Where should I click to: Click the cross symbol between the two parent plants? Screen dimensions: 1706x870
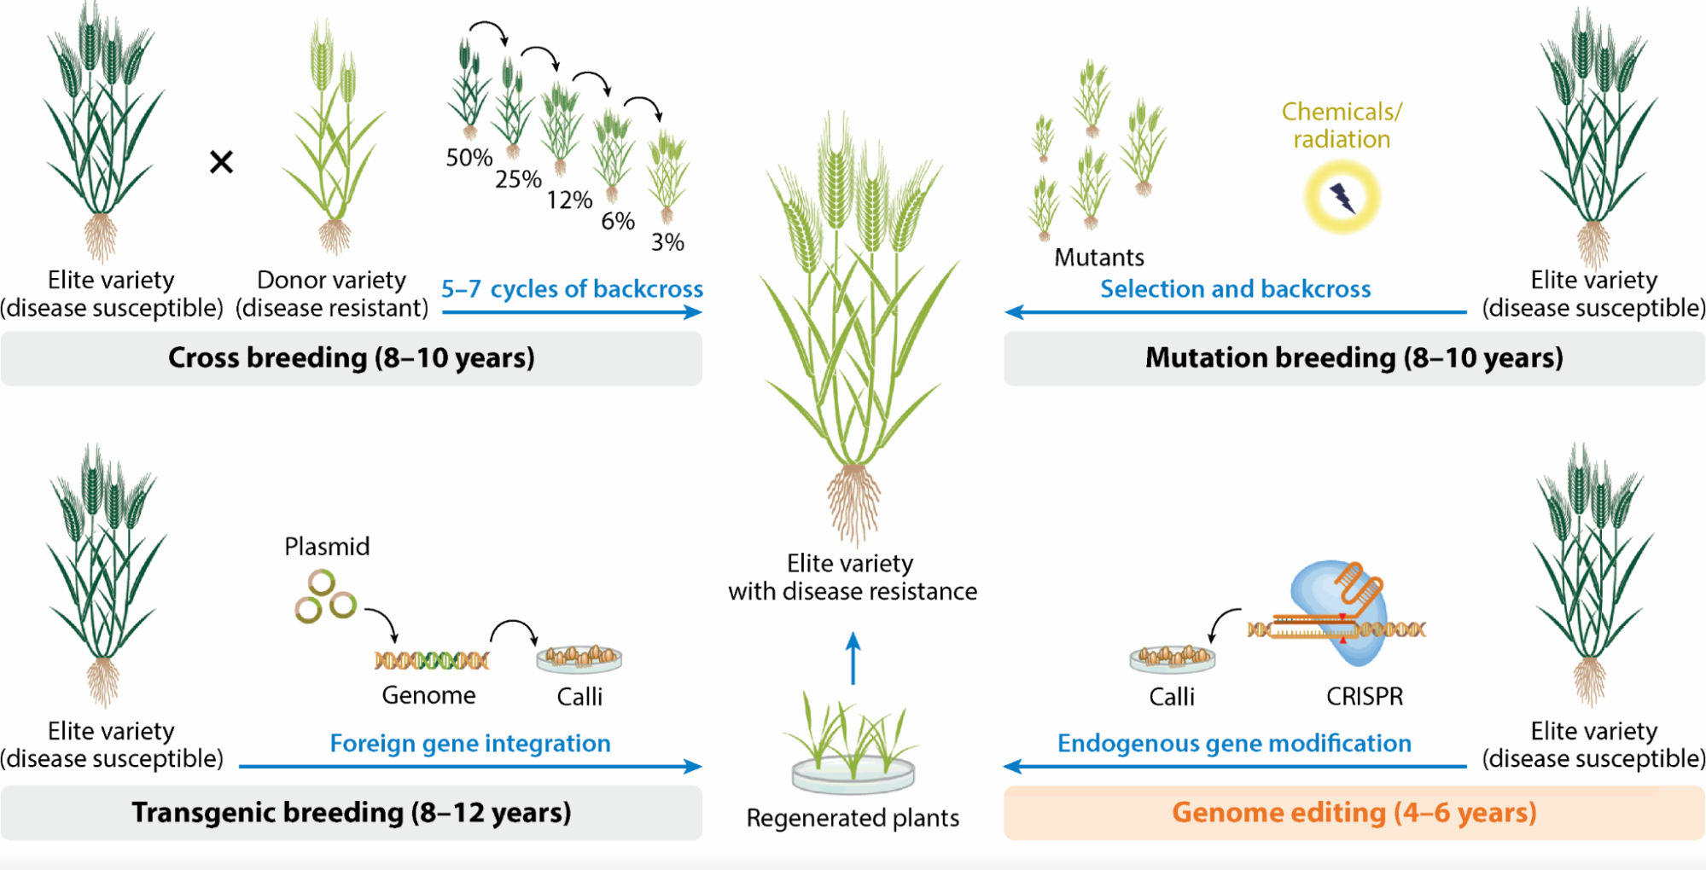pos(221,161)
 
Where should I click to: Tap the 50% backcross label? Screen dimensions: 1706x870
pos(469,158)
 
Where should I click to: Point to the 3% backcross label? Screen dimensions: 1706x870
pos(667,242)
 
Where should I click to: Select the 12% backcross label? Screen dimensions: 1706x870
pos(569,200)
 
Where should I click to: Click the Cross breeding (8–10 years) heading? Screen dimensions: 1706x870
pos(352,357)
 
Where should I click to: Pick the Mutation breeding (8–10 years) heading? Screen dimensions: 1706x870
pos(1354,357)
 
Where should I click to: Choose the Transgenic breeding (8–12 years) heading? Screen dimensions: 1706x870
pos(352,812)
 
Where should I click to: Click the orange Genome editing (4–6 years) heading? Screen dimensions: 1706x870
pos(1354,812)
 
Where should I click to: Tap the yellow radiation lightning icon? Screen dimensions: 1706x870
pos(1342,198)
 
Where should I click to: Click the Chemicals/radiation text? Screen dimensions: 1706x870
pos(1342,125)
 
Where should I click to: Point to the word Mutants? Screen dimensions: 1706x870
pos(1099,258)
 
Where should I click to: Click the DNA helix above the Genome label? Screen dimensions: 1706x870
pos(432,660)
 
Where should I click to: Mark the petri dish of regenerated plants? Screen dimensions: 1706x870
pos(853,774)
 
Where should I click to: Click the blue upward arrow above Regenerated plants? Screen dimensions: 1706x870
pos(853,658)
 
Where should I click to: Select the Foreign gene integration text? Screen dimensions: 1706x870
pos(470,744)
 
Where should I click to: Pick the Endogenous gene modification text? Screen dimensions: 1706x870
pos(1234,744)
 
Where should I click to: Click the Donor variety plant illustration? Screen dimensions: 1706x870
pos(334,136)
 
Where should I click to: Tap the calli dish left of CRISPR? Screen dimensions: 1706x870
pos(1172,658)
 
